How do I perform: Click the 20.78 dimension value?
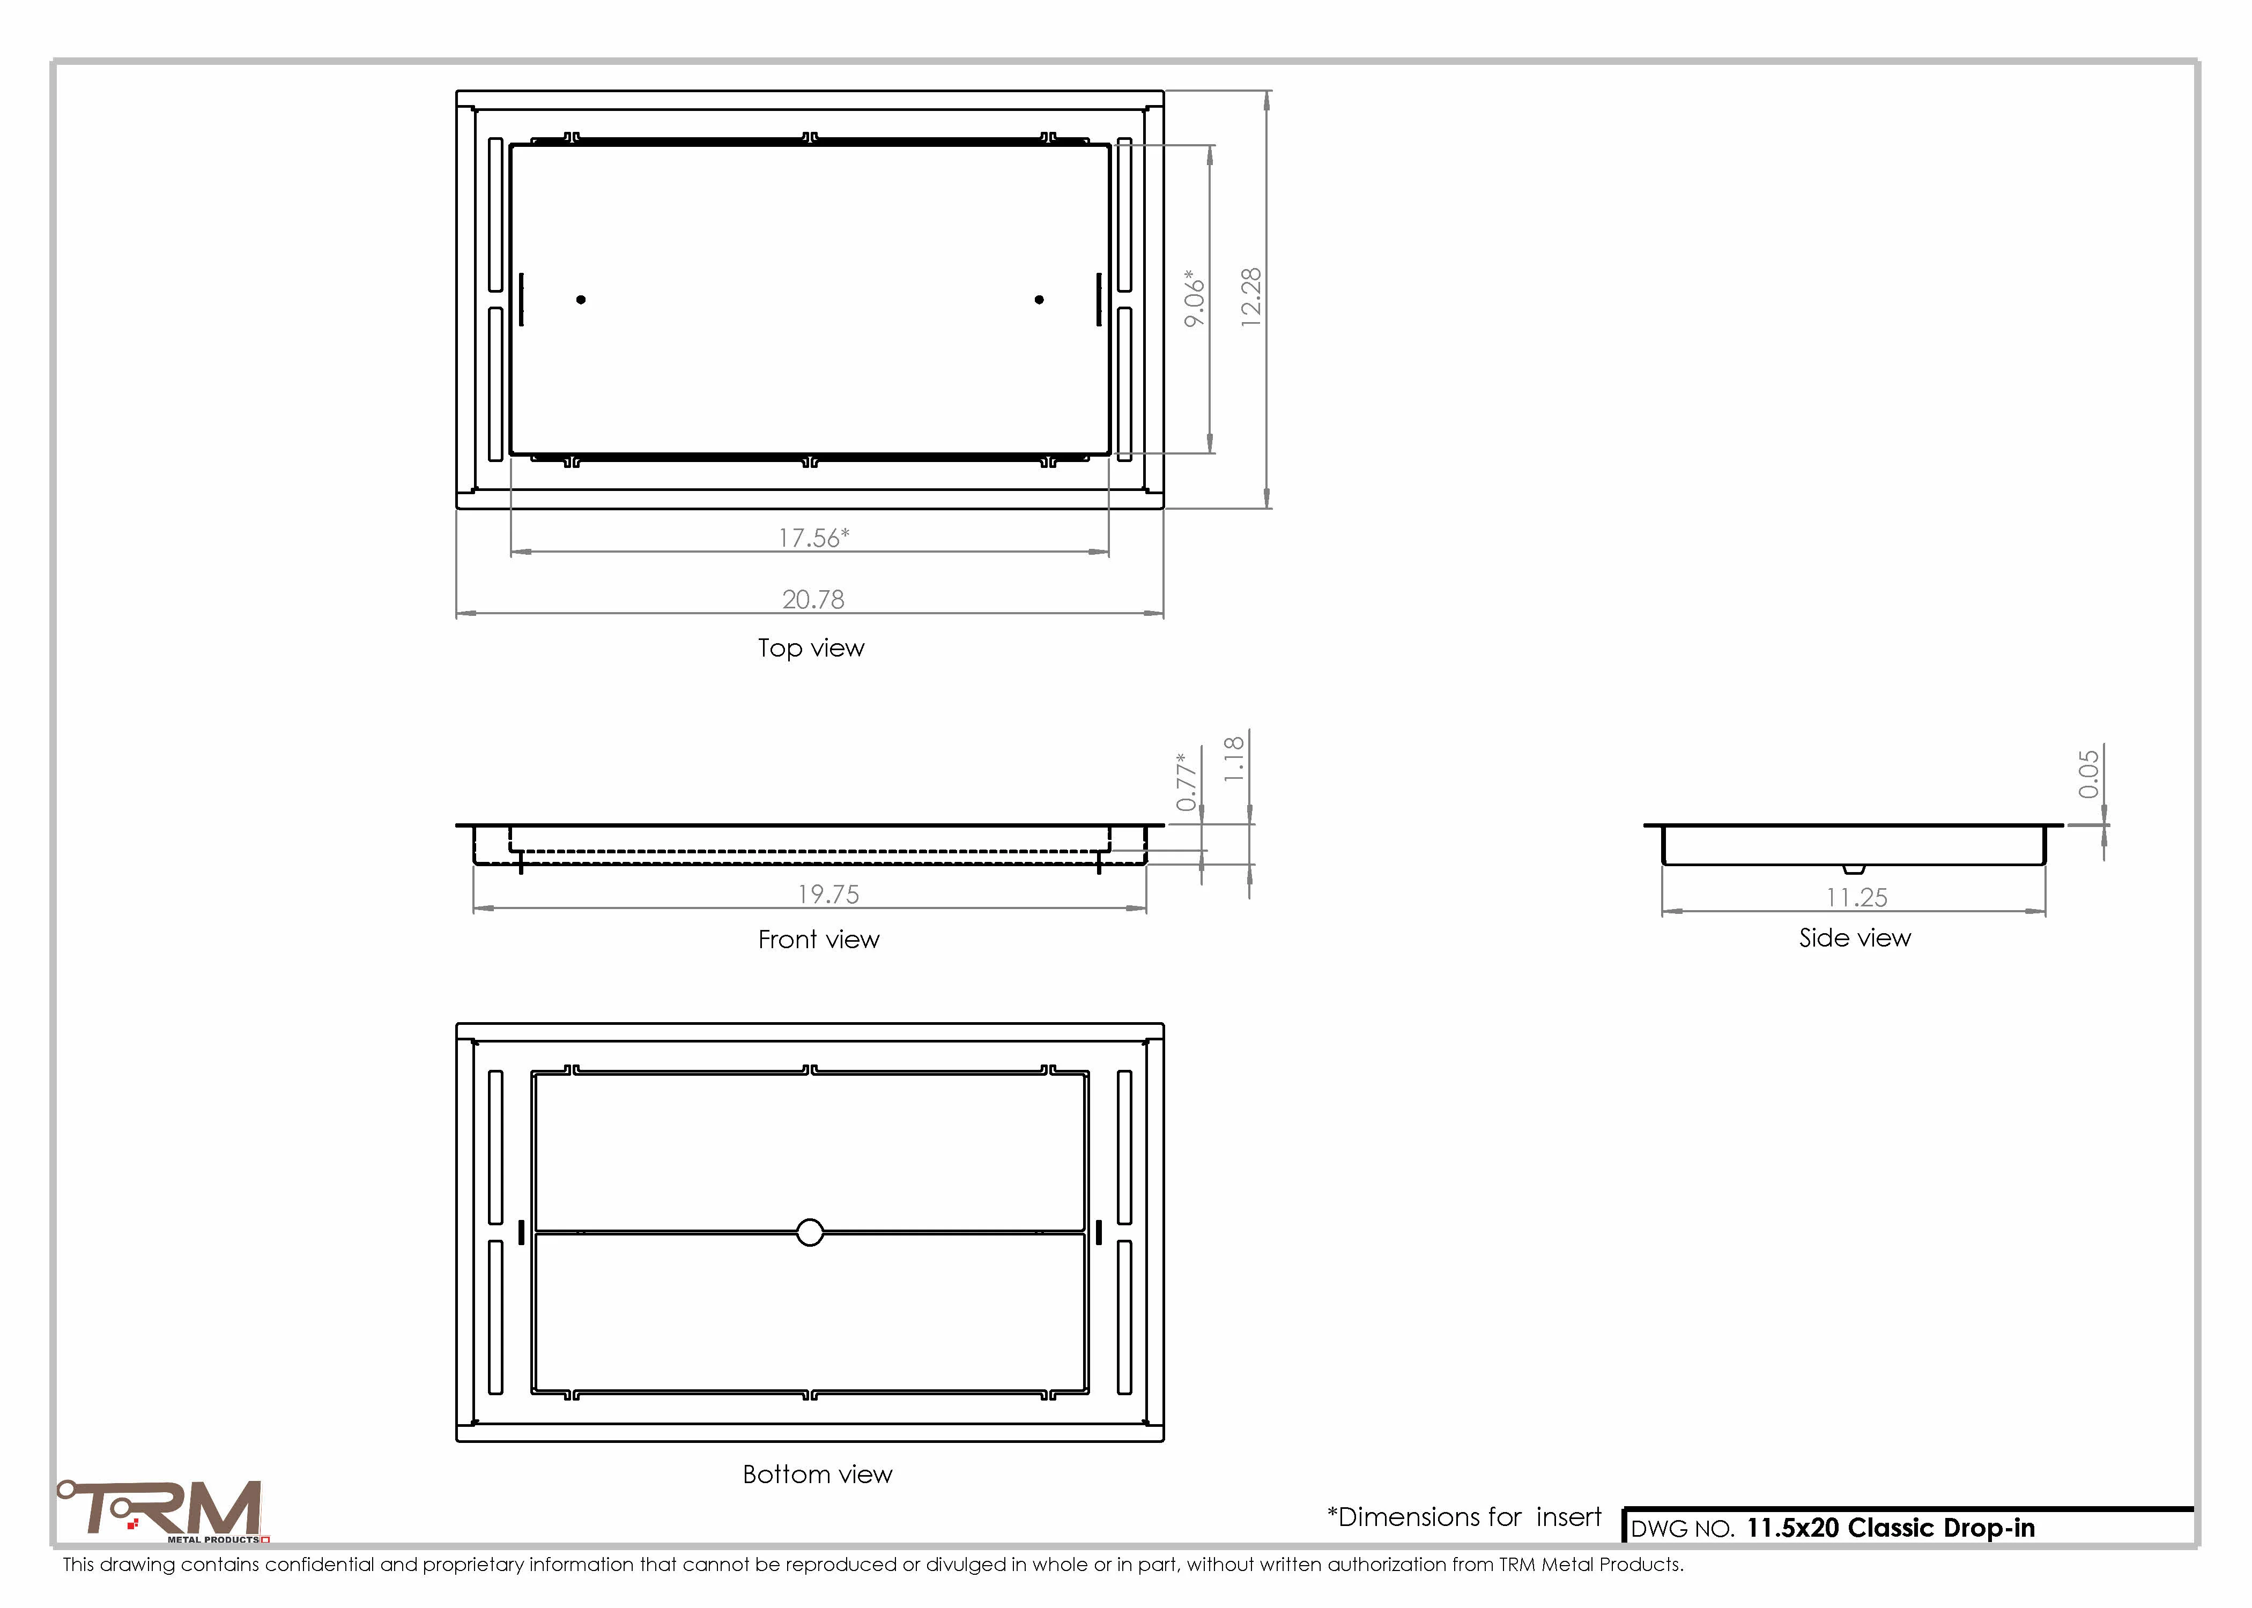coord(813,599)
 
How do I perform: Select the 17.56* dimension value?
coord(814,538)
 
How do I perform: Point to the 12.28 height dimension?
coord(1252,297)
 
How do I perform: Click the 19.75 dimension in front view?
coord(829,894)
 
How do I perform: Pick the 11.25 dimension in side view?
coord(1857,897)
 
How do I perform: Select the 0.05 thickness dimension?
coord(2088,773)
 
